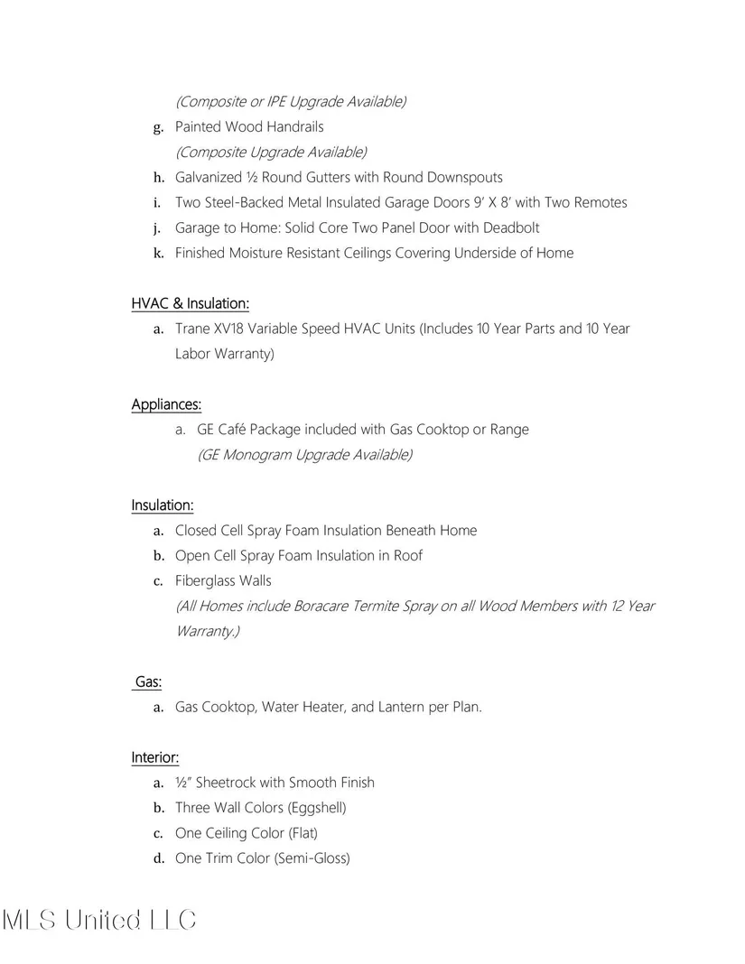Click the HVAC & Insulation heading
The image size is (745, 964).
pos(190,303)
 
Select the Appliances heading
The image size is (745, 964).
pos(166,404)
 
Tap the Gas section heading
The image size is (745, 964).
pos(148,682)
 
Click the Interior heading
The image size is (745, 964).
pos(154,757)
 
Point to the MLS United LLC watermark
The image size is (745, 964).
pos(99,920)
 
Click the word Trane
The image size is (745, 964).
pos(193,329)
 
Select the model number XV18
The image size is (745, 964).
pos(233,329)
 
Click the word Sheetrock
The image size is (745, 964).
pos(226,783)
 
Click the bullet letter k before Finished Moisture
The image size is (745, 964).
pos(158,253)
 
